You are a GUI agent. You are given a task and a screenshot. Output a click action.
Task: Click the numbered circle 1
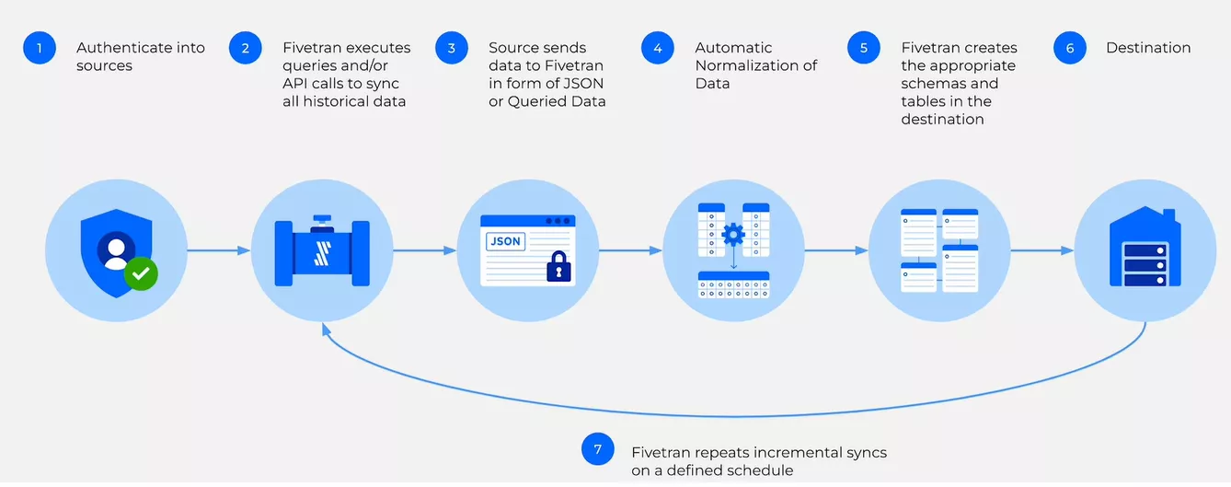pos(40,48)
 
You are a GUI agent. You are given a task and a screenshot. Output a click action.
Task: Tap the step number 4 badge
pos(657,48)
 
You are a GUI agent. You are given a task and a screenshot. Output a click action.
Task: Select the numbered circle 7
pos(598,449)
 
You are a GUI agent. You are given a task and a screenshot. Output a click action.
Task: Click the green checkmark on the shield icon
pos(141,273)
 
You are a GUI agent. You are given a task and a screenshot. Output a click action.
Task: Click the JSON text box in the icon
pos(505,241)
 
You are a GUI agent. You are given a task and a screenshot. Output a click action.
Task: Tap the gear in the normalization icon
pos(733,234)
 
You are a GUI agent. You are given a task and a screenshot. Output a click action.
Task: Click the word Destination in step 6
pos(1148,48)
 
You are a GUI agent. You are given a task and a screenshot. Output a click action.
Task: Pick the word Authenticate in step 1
pos(121,48)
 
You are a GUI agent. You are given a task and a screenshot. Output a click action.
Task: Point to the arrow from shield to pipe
pos(217,250)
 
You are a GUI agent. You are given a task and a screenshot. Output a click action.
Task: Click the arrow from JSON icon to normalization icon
pos(629,250)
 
